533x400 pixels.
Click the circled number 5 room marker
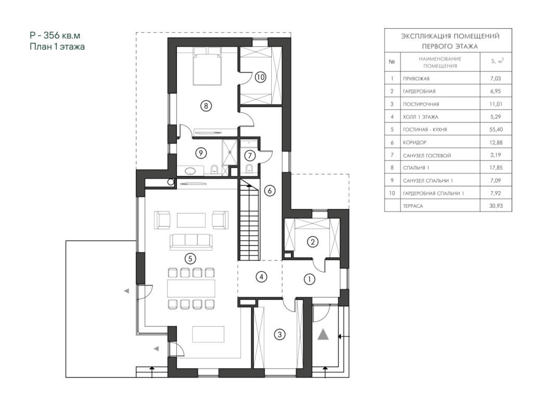click(x=190, y=259)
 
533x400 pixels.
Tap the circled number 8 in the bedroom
click(x=206, y=106)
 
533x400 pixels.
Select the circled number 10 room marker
click(x=260, y=77)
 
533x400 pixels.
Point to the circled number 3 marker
click(x=280, y=334)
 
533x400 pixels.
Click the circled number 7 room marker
click(x=250, y=156)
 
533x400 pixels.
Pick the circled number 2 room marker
click(x=313, y=242)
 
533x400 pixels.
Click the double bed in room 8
click(x=207, y=66)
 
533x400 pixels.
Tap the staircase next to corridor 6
click(x=249, y=220)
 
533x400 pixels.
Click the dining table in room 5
click(x=191, y=289)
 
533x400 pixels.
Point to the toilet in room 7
click(x=249, y=169)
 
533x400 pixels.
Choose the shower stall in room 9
click(x=230, y=152)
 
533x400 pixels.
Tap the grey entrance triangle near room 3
click(x=323, y=335)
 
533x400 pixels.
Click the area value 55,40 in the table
click(x=496, y=130)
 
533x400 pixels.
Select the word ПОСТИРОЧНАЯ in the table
click(x=421, y=104)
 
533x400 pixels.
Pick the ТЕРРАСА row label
click(x=413, y=206)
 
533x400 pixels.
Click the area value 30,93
click(x=496, y=206)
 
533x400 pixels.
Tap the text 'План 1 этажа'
click(x=57, y=46)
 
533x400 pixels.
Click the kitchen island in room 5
click(x=208, y=334)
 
